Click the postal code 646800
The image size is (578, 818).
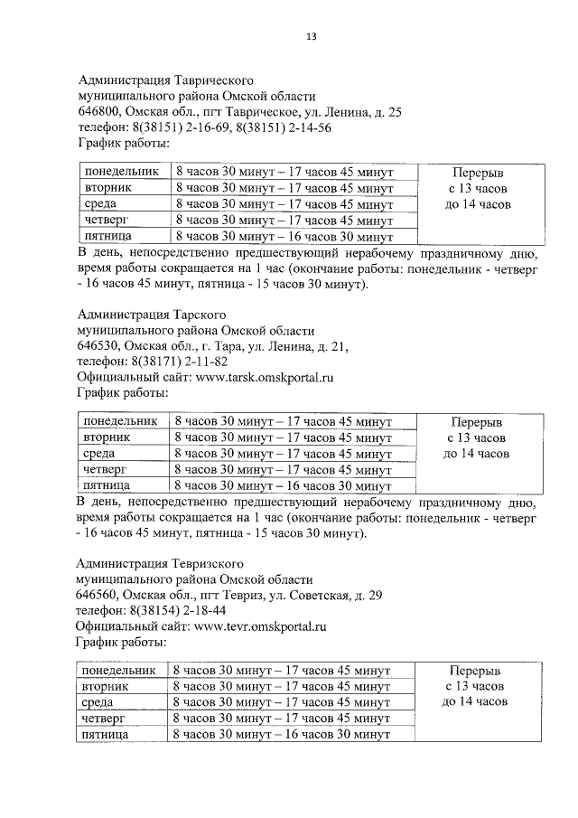pos(99,112)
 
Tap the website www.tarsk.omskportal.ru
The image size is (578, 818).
pos(259,377)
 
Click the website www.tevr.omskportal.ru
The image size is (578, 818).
pos(259,625)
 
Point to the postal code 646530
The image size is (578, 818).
pos(99,345)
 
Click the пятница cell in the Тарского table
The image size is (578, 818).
pos(107,485)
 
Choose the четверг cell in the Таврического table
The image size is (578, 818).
pos(107,220)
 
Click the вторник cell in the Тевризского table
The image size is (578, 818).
pos(105,687)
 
